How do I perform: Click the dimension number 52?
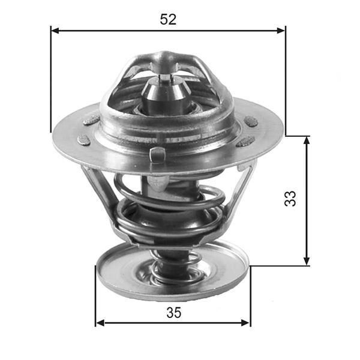[168, 19]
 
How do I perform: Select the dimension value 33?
[290, 199]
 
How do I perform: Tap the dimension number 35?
[173, 312]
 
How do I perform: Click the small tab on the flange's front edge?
[157, 154]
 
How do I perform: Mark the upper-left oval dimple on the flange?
[91, 119]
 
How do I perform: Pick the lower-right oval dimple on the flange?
[245, 142]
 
